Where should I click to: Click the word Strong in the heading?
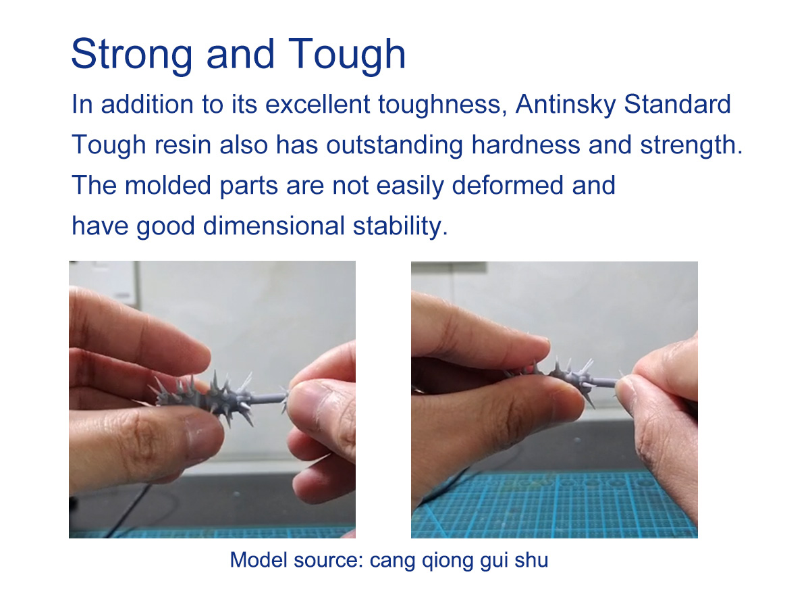[x=132, y=55]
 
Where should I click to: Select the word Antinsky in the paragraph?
[x=566, y=105]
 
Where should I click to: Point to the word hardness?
[x=525, y=145]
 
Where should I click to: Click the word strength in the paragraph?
[x=691, y=145]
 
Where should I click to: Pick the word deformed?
[x=508, y=185]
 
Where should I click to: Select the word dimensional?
[x=273, y=226]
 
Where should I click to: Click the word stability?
[x=400, y=226]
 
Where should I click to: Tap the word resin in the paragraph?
[x=182, y=145]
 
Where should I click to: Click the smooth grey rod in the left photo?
[x=269, y=398]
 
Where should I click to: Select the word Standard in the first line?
[x=677, y=105]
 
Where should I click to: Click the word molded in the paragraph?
[x=168, y=185]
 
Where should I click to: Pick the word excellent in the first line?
[x=317, y=105]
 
